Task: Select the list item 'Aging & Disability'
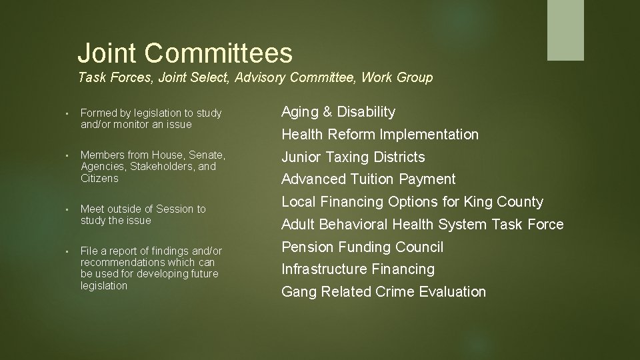point(338,112)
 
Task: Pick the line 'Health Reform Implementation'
point(380,135)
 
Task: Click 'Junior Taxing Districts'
point(353,157)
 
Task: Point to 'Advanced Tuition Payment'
point(368,179)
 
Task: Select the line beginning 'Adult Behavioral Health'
point(422,225)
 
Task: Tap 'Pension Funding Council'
point(362,247)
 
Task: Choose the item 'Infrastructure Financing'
point(357,269)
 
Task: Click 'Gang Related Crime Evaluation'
point(383,292)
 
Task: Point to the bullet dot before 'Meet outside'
point(68,209)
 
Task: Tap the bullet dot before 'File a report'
point(68,251)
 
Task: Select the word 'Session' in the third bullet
point(176,209)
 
